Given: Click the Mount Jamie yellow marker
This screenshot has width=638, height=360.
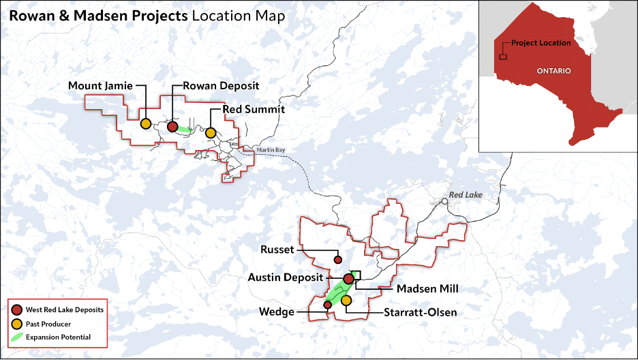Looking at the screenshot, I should tap(146, 124).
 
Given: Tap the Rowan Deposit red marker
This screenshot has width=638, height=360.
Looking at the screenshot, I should tap(172, 127).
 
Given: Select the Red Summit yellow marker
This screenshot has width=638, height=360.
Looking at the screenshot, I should tap(211, 132).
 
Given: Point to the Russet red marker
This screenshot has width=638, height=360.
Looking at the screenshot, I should tap(337, 260).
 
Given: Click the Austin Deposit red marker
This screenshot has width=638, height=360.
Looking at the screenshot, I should tap(348, 278).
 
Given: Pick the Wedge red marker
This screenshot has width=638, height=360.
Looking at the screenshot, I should tap(328, 305).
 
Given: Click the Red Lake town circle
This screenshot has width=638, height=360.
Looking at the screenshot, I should tap(444, 201).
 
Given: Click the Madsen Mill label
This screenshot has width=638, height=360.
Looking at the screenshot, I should tap(427, 289).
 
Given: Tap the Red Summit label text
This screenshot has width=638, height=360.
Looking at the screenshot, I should tap(254, 109).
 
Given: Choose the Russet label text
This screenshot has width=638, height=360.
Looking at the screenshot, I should tap(277, 250).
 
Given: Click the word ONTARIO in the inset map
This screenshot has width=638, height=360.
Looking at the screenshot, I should tap(553, 71).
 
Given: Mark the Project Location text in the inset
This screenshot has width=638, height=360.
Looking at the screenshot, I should tap(541, 43).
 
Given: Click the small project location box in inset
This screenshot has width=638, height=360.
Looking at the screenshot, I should tap(503, 57).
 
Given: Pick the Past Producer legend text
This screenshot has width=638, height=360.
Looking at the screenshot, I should tap(48, 324).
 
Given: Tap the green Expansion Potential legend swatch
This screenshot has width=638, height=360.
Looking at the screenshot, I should tap(17, 337).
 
